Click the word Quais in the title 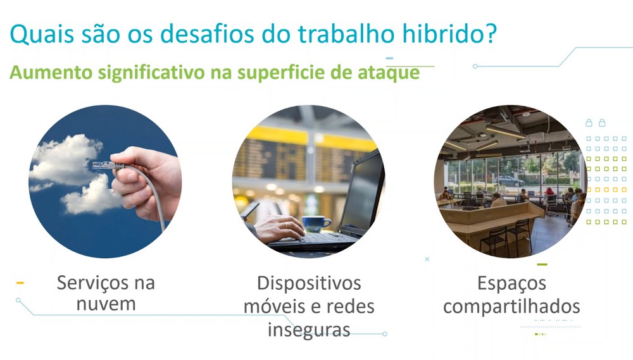click(42, 34)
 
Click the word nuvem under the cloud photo click(106, 304)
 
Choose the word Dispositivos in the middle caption click(309, 283)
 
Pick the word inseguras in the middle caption click(309, 330)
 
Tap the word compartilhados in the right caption click(511, 307)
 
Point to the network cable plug click(103, 166)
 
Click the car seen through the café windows click(509, 181)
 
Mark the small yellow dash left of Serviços click(20, 283)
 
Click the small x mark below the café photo click(427, 259)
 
